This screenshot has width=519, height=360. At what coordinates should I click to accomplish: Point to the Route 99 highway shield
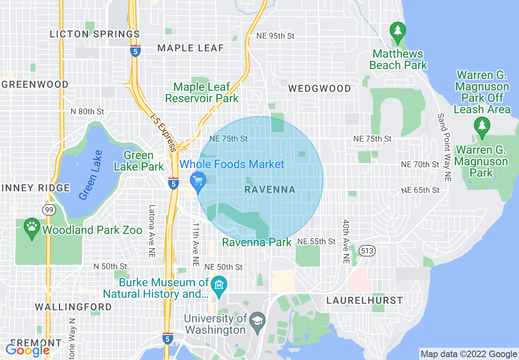tap(48, 210)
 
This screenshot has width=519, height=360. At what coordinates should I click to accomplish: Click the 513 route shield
tap(367, 251)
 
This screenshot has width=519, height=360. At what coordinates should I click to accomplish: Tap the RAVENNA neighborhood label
tap(270, 189)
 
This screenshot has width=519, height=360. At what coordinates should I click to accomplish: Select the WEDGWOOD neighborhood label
tap(319, 88)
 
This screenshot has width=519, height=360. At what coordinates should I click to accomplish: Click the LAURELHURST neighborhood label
tap(364, 300)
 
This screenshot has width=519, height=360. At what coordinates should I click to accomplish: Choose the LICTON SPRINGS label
tap(95, 34)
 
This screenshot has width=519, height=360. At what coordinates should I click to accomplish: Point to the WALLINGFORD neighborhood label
tap(73, 307)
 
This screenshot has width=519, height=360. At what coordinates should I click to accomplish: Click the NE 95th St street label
tap(275, 36)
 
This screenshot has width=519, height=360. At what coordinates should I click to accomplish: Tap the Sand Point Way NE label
tap(445, 147)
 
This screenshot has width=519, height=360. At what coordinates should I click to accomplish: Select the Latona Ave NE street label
tap(152, 231)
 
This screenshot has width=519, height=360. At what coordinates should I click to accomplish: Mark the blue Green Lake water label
tap(90, 175)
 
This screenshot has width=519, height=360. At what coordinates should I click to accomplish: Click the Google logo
tap(27, 350)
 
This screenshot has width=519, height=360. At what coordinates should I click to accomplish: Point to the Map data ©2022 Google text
tap(469, 354)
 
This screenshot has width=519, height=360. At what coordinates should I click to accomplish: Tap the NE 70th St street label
tap(420, 164)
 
